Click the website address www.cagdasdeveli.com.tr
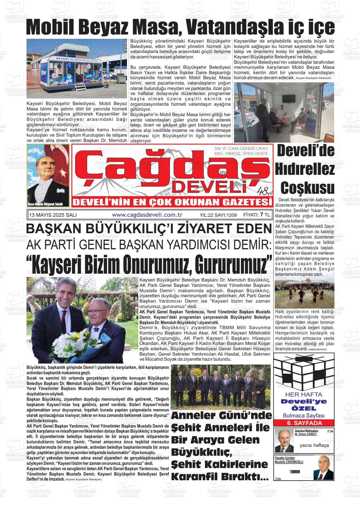(147, 215)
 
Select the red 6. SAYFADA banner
(304, 423)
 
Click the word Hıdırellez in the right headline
(305, 169)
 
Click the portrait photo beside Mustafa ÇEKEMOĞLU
(323, 467)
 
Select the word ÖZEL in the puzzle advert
(304, 409)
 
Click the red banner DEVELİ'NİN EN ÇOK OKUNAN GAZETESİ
(171, 202)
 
